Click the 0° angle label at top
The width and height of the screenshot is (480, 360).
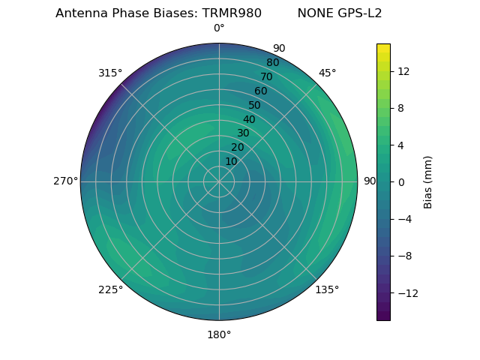[x=219, y=28]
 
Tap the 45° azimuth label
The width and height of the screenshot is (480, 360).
[x=328, y=73]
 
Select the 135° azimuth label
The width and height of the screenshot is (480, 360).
[x=327, y=290]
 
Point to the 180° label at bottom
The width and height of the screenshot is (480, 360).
[x=219, y=334]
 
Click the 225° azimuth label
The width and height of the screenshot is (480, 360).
[x=110, y=290]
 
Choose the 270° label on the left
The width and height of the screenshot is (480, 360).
[x=65, y=181]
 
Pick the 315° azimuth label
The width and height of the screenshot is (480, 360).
[x=110, y=73]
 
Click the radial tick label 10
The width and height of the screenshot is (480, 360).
[x=232, y=161]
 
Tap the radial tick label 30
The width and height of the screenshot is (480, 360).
[x=243, y=133]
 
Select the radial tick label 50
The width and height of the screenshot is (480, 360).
[x=255, y=105]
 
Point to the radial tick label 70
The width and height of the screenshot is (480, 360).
[x=267, y=76]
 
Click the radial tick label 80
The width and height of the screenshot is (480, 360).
[x=272, y=63]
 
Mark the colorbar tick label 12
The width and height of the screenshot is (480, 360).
[x=403, y=71]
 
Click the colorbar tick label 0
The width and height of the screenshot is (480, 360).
[x=401, y=182]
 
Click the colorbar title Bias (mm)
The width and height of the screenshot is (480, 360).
[x=428, y=182]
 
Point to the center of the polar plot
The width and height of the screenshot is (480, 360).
[x=219, y=181]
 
